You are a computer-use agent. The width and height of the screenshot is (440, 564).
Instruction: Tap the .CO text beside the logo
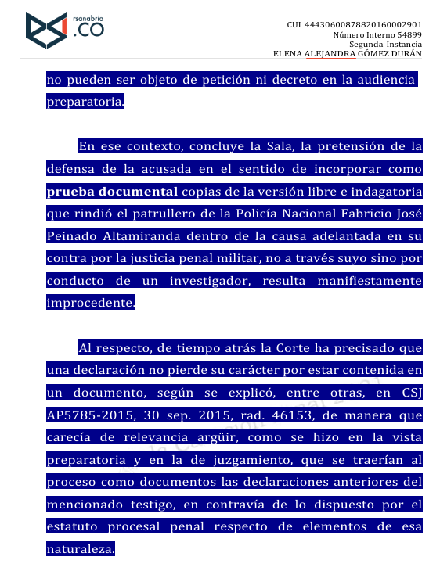click(x=87, y=32)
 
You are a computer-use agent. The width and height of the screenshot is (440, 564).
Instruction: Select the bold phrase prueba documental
click(x=112, y=191)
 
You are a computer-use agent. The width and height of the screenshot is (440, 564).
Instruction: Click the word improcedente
click(x=90, y=303)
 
